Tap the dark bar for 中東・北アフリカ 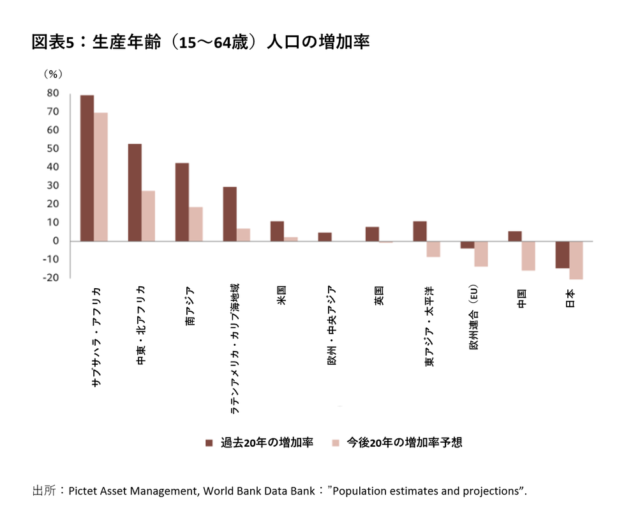pos(135,192)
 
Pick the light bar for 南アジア pos(196,224)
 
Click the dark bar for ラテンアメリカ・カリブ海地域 pos(230,214)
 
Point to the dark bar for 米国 pos(277,231)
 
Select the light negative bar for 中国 pos(528,256)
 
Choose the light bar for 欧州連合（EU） pos(480,254)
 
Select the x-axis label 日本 pos(569,298)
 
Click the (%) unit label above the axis pos(53,73)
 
